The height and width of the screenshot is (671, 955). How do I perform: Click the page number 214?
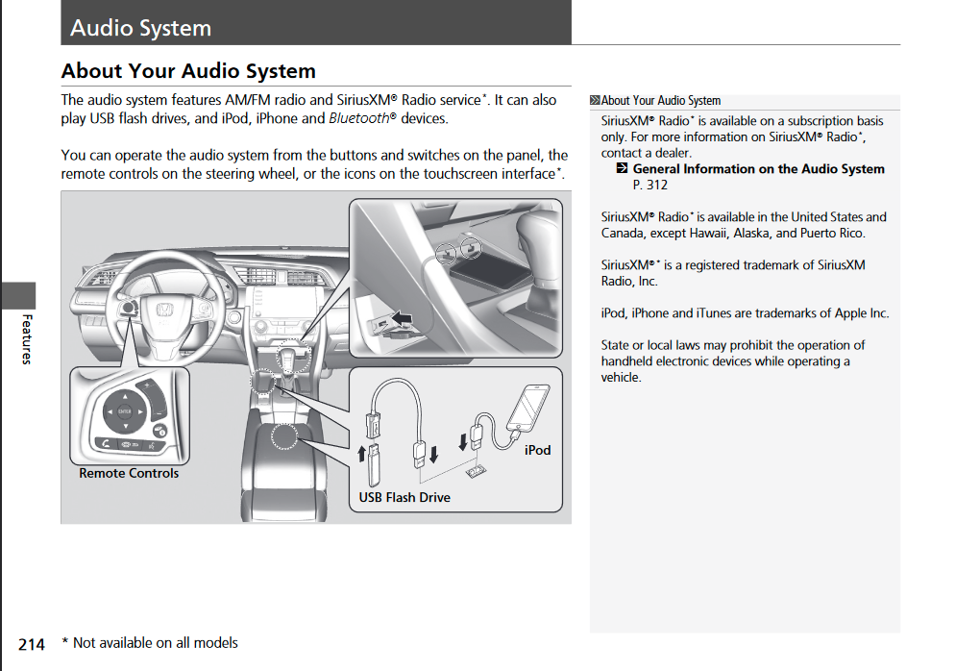pos(32,644)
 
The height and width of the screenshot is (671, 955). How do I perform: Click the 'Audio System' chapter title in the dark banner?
pos(140,28)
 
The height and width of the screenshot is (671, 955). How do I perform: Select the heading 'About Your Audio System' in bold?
pos(188,71)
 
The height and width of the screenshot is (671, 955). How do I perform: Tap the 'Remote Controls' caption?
pos(129,473)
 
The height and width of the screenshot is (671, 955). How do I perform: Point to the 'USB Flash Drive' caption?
pos(404,497)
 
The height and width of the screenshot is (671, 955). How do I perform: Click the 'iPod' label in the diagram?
pos(538,450)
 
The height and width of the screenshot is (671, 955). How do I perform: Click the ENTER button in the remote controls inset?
pos(124,411)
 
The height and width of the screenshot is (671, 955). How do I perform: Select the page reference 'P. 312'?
pos(650,185)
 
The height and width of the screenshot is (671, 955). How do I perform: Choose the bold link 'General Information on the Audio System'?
pos(758,169)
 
